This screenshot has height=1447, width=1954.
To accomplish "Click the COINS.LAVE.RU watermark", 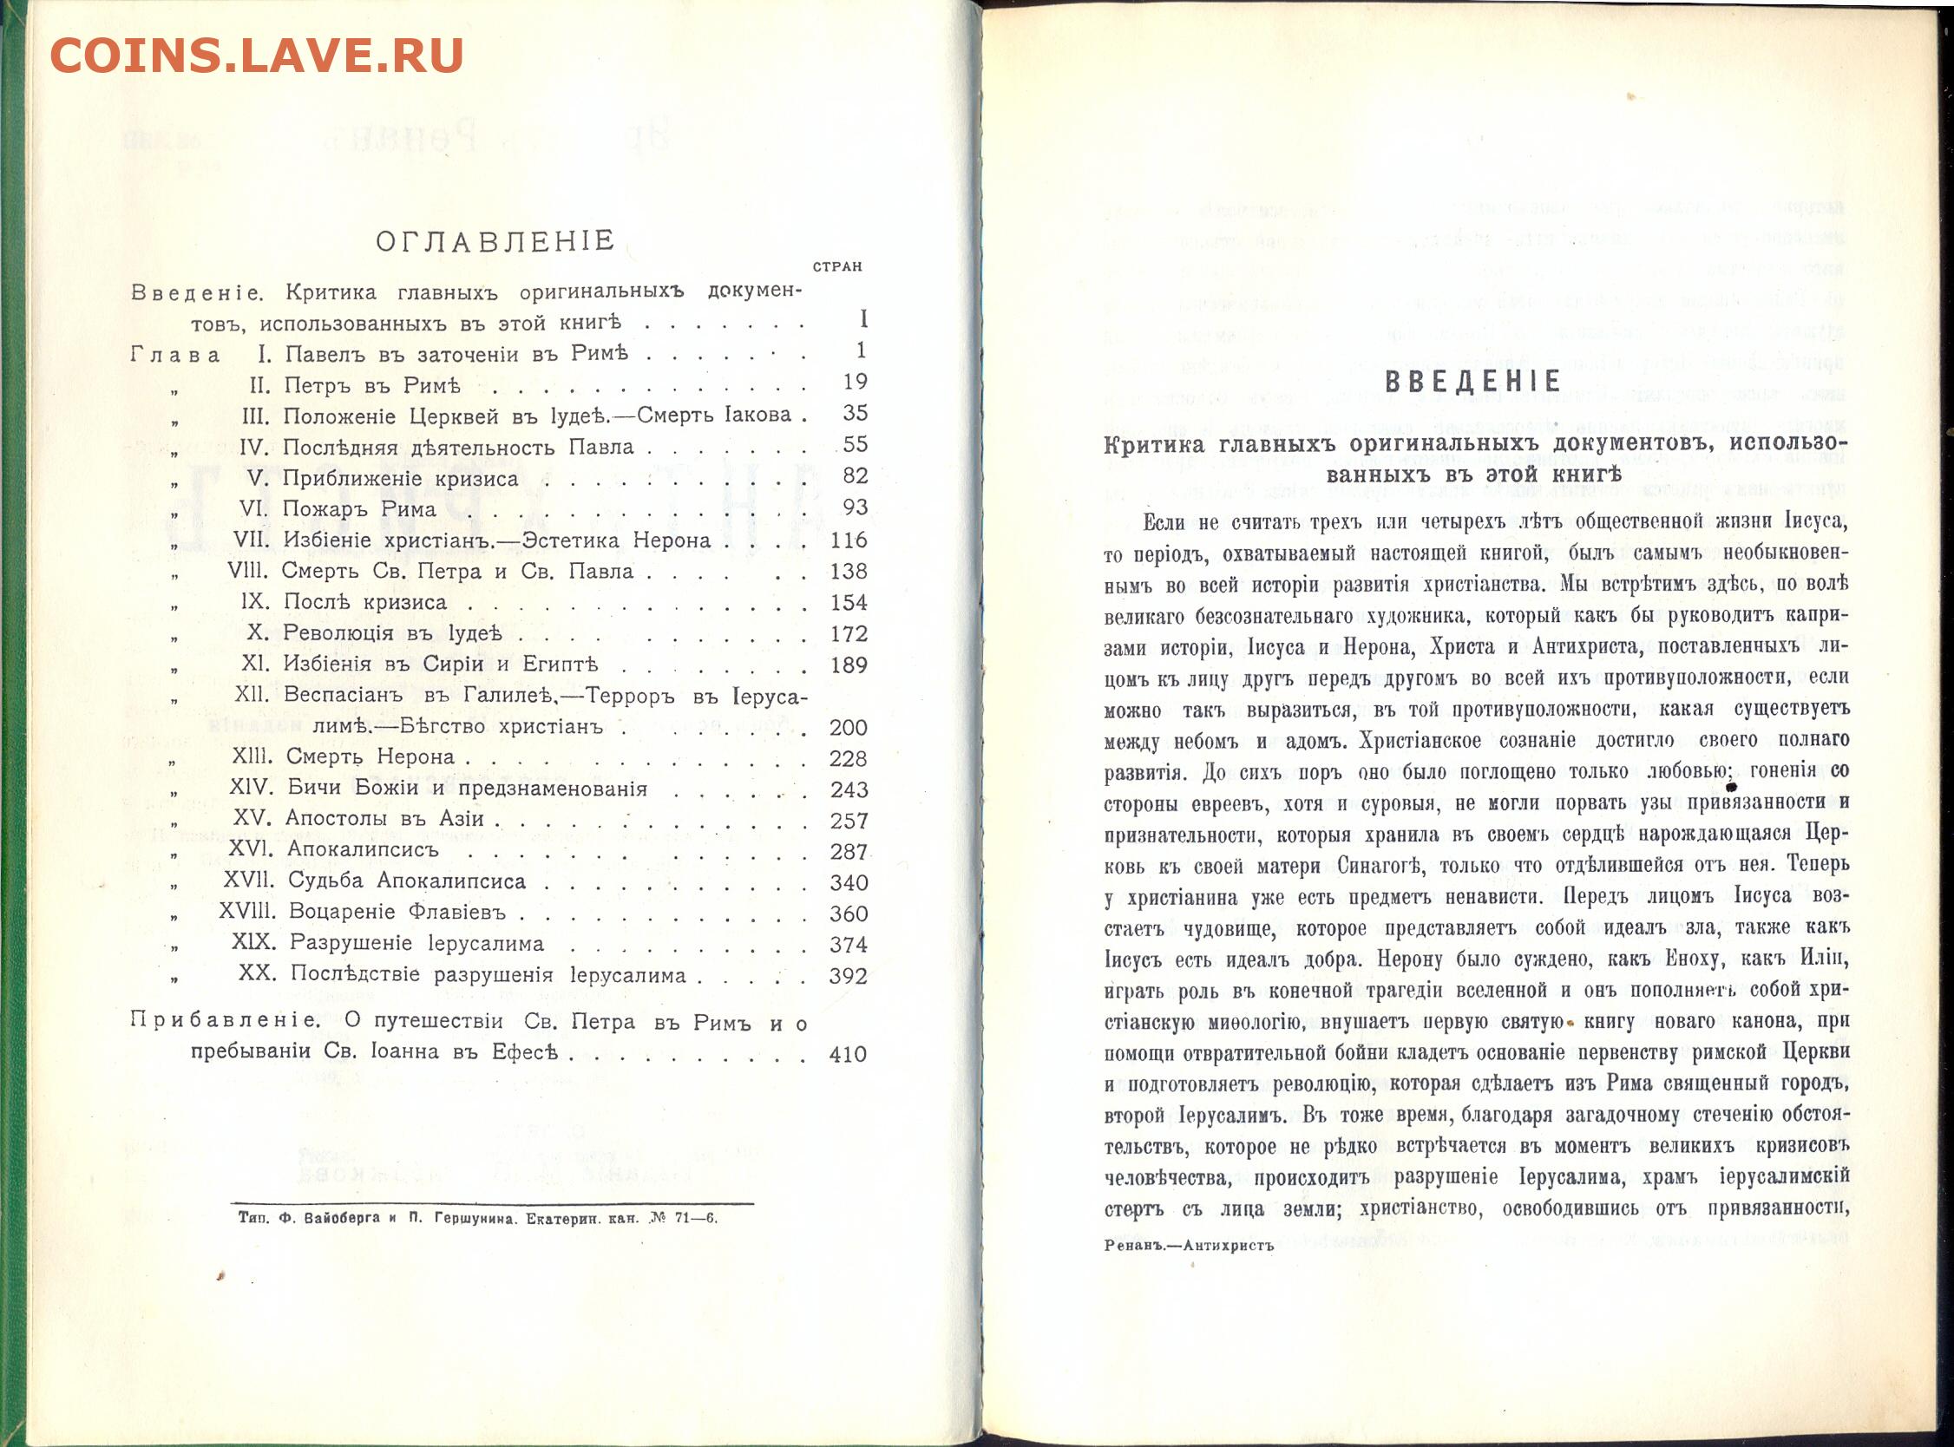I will [x=256, y=57].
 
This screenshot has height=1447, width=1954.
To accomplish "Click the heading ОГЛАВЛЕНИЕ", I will [x=495, y=242].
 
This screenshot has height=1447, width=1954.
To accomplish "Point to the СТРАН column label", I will [x=836, y=267].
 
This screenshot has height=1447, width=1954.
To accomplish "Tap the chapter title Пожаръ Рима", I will [x=360, y=509].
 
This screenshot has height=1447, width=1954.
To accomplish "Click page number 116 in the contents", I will [x=848, y=540].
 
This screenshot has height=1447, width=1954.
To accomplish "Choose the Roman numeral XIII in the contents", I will [x=257, y=756].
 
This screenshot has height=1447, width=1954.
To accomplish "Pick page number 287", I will [x=848, y=851].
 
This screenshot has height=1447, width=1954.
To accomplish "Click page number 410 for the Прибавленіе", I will [x=847, y=1055].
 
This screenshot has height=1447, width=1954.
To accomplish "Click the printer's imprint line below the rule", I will [x=477, y=1217].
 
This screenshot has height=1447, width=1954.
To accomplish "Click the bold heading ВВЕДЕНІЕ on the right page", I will [x=1475, y=381].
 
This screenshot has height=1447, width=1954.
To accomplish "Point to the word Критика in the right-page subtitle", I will [x=1155, y=445].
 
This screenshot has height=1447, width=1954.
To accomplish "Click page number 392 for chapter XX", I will [x=848, y=976].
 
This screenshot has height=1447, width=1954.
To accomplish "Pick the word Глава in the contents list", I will [x=175, y=354].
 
